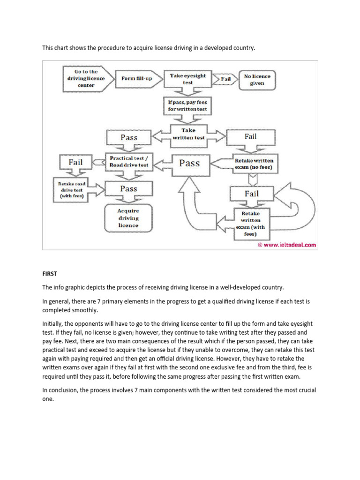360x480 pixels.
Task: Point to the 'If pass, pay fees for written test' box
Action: point(187,105)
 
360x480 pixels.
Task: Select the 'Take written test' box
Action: point(188,134)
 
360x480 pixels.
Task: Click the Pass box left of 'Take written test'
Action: point(129,137)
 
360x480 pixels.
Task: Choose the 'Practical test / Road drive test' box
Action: point(129,161)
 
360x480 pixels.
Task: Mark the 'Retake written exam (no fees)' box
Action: point(254,164)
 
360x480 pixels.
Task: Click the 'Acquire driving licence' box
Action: point(128,218)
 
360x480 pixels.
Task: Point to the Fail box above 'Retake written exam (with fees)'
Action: point(252,193)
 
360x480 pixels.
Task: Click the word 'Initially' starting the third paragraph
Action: point(52,324)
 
